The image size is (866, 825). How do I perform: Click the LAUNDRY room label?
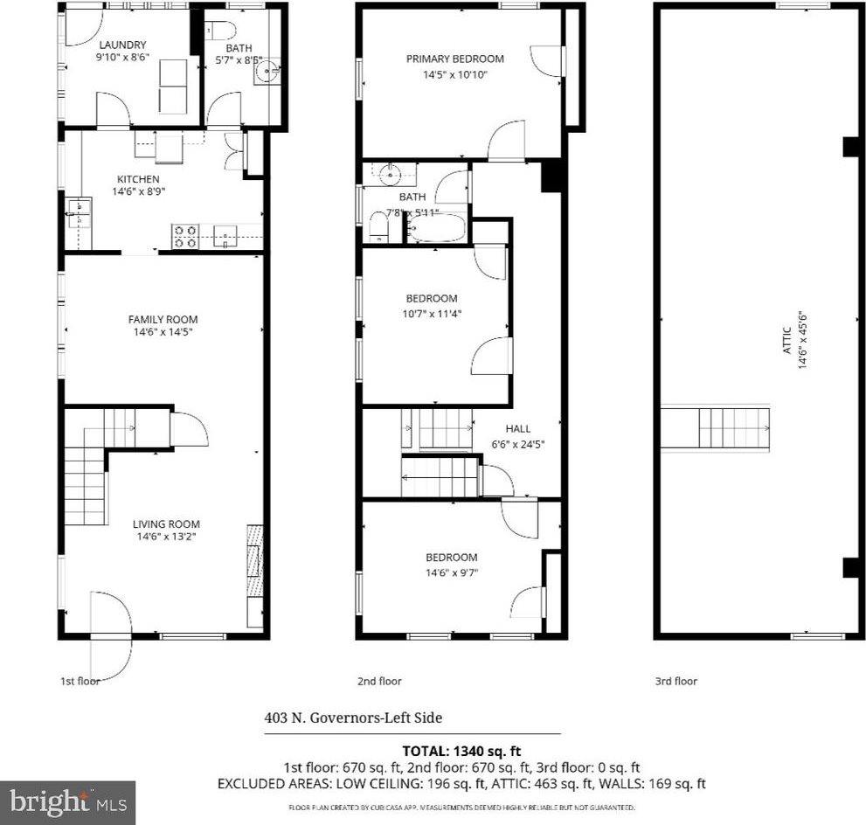point(121,45)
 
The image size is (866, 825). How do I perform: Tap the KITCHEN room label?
point(135,179)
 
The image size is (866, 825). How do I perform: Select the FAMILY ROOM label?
point(163,319)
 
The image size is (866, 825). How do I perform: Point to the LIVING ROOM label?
point(165,524)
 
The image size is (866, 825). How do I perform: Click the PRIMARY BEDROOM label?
point(454,59)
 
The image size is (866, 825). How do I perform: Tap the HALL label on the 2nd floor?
point(517,429)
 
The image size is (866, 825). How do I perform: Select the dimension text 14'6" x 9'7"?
point(451,572)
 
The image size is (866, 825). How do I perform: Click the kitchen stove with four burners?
point(184,236)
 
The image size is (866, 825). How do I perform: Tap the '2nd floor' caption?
point(379,682)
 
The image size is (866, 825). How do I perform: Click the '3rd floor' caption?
point(675,682)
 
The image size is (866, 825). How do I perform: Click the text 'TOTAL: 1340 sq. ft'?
point(461,750)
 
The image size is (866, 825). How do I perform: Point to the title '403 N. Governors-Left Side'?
point(353,718)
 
